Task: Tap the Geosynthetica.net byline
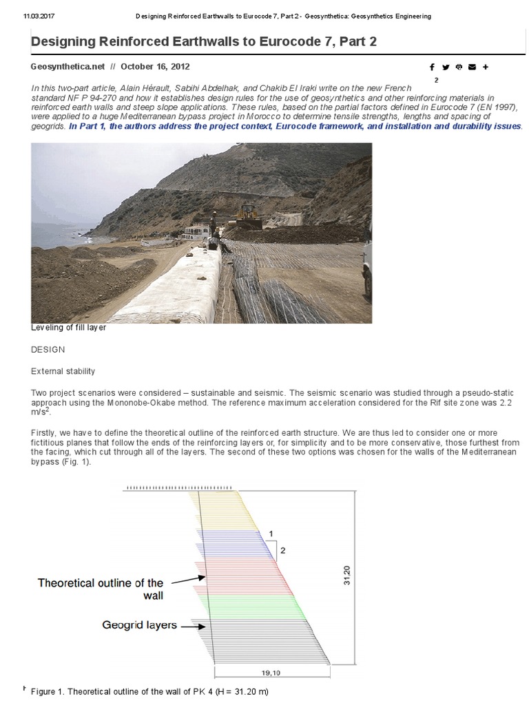point(68,67)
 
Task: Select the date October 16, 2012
point(155,67)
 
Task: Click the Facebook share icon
point(432,67)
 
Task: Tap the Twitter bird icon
point(446,67)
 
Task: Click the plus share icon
point(486,67)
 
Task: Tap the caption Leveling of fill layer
point(68,328)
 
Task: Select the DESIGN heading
point(48,350)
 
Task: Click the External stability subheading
point(63,372)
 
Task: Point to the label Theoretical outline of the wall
point(101,589)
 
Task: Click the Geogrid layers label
point(140,625)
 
